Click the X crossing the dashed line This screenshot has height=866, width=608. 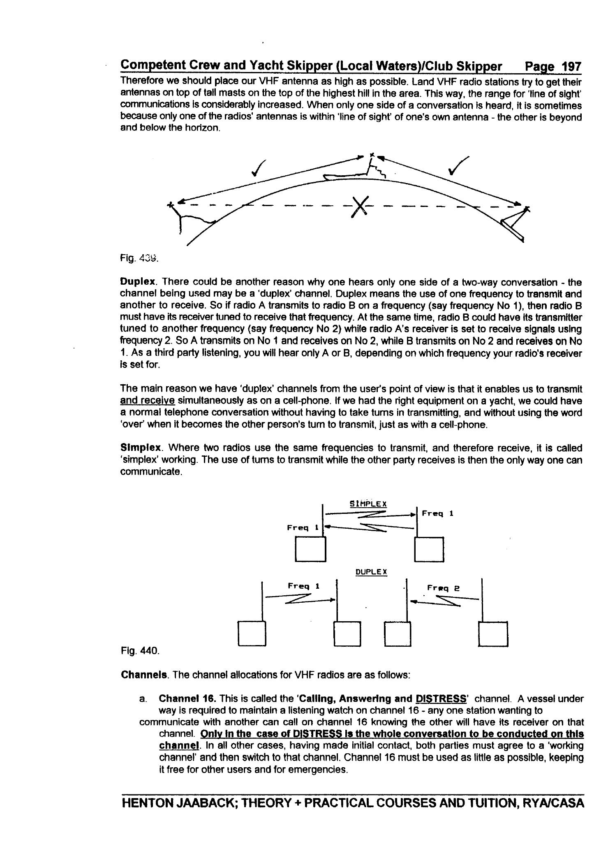[360, 205]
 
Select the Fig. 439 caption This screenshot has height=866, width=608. [139, 258]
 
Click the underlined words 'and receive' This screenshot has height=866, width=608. [147, 401]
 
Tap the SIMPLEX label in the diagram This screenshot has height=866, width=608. [368, 504]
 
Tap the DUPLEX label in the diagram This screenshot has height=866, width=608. [371, 572]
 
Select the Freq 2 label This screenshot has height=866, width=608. [443, 588]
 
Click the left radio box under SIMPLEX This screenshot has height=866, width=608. [310, 549]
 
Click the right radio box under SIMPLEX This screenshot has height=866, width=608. [429, 549]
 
